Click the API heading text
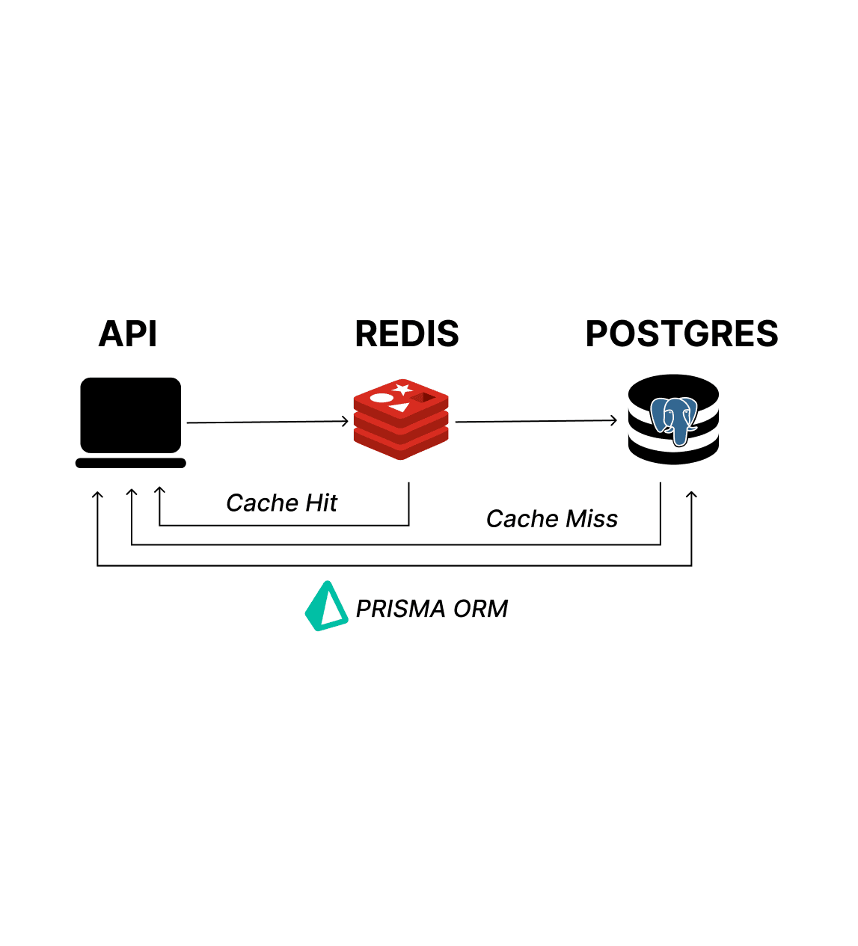(128, 334)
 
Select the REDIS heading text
(407, 334)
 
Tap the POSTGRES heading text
(681, 334)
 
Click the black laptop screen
(131, 415)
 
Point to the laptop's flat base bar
(131, 464)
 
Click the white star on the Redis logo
(402, 389)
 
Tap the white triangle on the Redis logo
(399, 407)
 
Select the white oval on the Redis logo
(381, 398)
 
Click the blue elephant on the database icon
(674, 420)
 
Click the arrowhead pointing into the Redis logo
(346, 422)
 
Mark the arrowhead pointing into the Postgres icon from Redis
(613, 420)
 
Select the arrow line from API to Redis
(266, 423)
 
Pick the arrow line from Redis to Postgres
(535, 421)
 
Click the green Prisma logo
(325, 606)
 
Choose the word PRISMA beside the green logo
(401, 609)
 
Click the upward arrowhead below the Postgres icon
(691, 495)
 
